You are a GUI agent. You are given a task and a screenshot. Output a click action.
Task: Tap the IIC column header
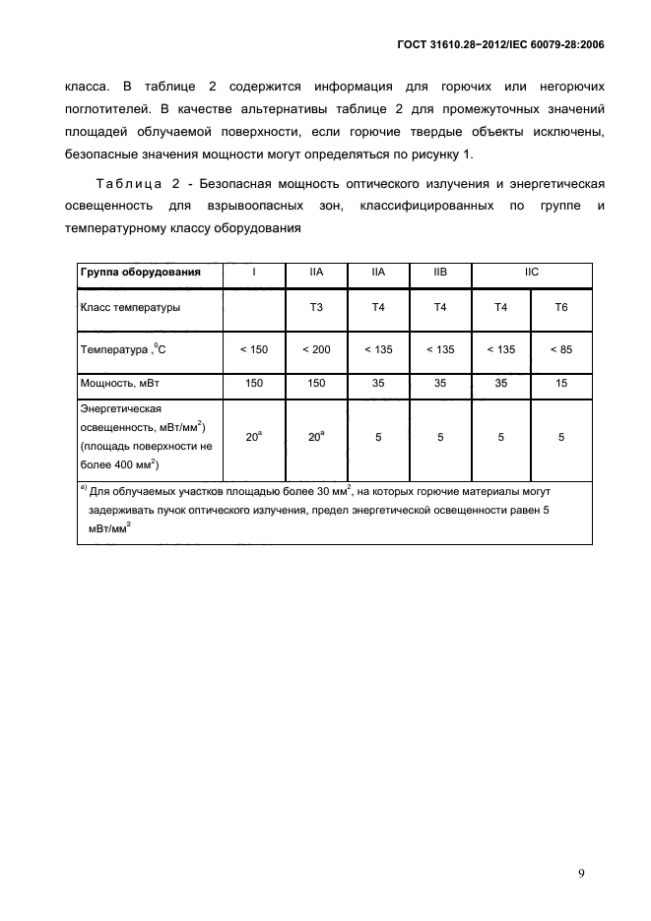[532, 273]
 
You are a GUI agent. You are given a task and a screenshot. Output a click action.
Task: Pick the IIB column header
[440, 273]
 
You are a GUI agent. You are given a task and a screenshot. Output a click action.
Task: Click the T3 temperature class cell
[316, 308]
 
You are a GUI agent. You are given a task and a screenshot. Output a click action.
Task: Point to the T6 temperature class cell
[561, 308]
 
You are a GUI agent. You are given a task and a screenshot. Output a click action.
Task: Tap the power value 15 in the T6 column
[561, 384]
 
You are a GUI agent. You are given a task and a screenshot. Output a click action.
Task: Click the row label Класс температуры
[130, 308]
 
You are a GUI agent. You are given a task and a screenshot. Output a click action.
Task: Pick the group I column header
[254, 273]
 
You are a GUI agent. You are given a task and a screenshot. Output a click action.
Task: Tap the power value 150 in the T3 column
[316, 384]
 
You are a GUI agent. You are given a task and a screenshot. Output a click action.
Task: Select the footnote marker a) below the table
[83, 487]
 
